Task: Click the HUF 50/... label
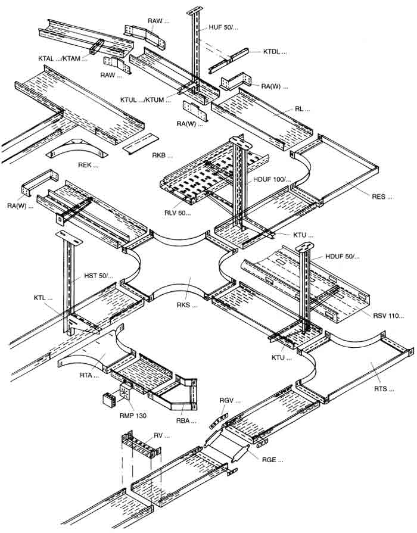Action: click(224, 27)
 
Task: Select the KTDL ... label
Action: click(275, 52)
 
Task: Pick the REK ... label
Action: click(88, 165)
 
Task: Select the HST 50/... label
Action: click(99, 276)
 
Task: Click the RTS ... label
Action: click(384, 389)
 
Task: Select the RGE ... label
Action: click(272, 459)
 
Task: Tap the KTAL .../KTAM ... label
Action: click(63, 59)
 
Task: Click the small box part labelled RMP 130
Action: click(110, 398)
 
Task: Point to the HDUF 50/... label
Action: click(343, 257)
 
